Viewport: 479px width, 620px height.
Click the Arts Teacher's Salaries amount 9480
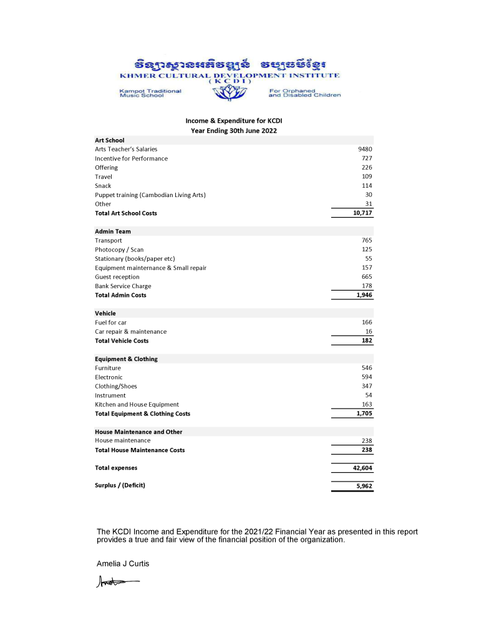pyautogui.click(x=365, y=149)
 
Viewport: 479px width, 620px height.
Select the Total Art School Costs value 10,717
pyautogui.click(x=362, y=213)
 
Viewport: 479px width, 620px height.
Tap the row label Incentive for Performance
pyautogui.click(x=131, y=158)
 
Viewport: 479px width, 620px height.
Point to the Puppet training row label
pyautogui.click(x=150, y=195)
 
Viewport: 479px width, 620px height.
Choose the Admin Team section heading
pyautogui.click(x=113, y=231)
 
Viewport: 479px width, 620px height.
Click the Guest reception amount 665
pyautogui.click(x=367, y=277)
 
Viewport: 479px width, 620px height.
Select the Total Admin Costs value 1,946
pyautogui.click(x=364, y=295)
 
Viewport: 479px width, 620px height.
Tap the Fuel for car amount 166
pyautogui.click(x=367, y=322)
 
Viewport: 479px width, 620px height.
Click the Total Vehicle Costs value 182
pyautogui.click(x=367, y=341)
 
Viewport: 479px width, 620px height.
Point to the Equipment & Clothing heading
pyautogui.click(x=126, y=359)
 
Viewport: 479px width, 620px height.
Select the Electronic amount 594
pyautogui.click(x=367, y=377)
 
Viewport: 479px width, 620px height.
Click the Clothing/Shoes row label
pyautogui.click(x=116, y=386)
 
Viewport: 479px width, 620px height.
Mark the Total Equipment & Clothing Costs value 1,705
pyautogui.click(x=364, y=414)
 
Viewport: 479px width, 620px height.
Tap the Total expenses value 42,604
pyautogui.click(x=362, y=468)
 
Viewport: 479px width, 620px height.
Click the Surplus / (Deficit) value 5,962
pyautogui.click(x=364, y=485)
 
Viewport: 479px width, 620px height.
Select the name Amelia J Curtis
pyautogui.click(x=123, y=564)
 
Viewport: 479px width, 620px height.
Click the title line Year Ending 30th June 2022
pyautogui.click(x=234, y=131)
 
